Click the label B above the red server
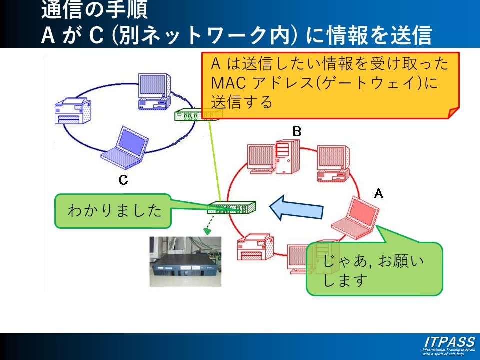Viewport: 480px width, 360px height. [x=297, y=131]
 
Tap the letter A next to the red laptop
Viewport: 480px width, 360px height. [x=379, y=193]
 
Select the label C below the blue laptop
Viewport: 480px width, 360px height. [x=123, y=180]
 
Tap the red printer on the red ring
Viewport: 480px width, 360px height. [x=255, y=247]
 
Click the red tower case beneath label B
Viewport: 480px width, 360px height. [x=287, y=155]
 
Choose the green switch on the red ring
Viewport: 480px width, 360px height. [x=231, y=207]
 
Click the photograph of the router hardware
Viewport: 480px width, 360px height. [x=184, y=261]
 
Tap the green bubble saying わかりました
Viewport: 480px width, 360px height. [x=113, y=211]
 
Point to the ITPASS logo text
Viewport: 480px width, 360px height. [x=449, y=342]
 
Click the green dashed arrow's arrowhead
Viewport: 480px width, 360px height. [x=207, y=231]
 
